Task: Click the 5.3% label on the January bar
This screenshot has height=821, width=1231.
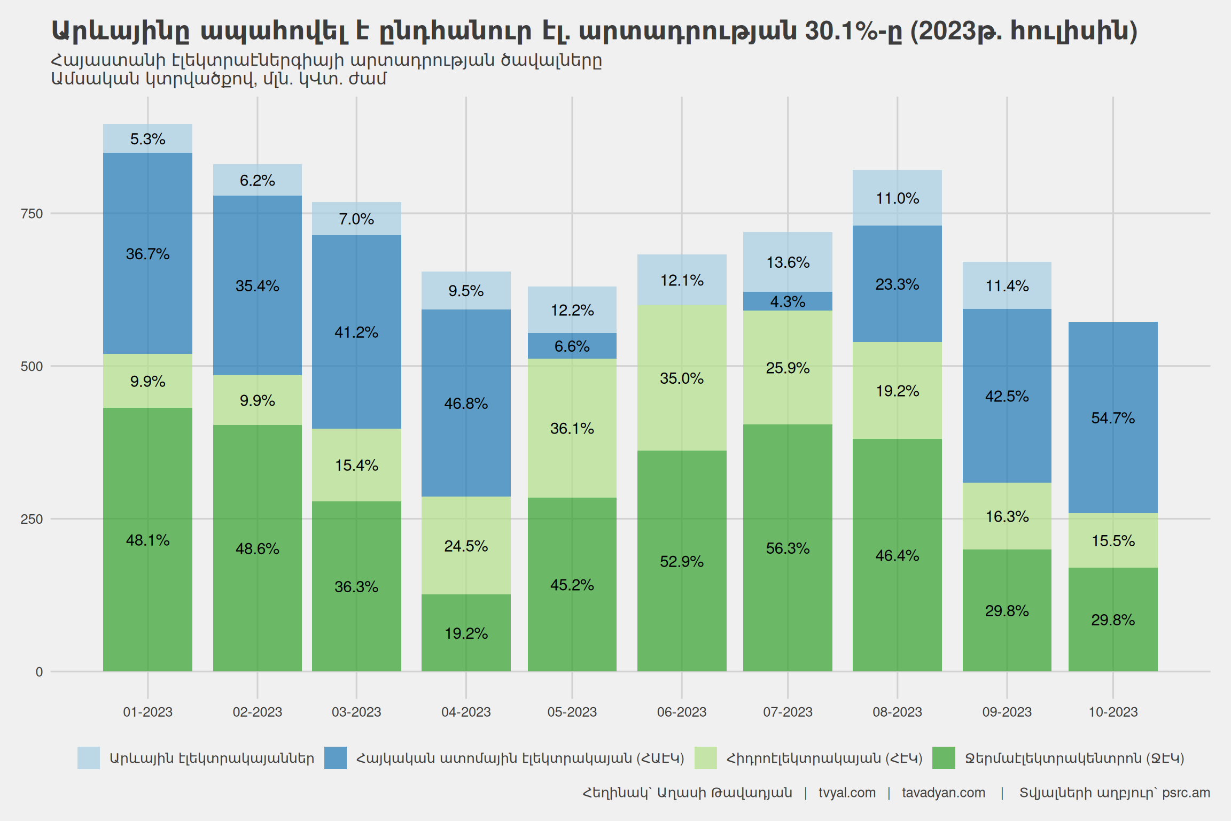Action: tap(147, 139)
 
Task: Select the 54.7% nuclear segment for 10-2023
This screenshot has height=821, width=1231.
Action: tap(1112, 417)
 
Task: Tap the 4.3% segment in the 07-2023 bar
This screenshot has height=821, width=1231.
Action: tap(788, 301)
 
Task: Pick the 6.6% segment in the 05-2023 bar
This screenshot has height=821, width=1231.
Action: tap(572, 346)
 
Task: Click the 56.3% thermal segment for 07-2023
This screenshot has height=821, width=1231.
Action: tap(788, 548)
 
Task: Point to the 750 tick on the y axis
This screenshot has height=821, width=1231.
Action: tap(32, 214)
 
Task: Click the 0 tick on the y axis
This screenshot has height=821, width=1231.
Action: tap(39, 672)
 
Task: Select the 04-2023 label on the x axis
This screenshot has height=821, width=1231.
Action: tap(465, 712)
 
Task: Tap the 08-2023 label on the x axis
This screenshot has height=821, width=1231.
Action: tap(897, 712)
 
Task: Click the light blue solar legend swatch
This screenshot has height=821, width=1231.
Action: tap(89, 758)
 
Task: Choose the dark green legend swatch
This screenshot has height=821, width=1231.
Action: tap(943, 758)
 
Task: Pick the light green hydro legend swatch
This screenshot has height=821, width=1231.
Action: tap(705, 758)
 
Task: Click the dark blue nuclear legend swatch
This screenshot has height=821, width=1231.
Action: tap(336, 758)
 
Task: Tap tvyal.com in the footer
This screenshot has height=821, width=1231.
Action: tap(847, 793)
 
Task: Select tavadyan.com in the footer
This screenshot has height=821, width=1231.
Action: tap(944, 793)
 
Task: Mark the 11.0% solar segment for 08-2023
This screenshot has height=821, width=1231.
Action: tap(897, 198)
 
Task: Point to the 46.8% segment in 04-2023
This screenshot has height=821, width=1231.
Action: tap(465, 403)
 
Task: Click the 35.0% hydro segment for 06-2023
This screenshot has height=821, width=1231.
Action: tap(681, 378)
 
